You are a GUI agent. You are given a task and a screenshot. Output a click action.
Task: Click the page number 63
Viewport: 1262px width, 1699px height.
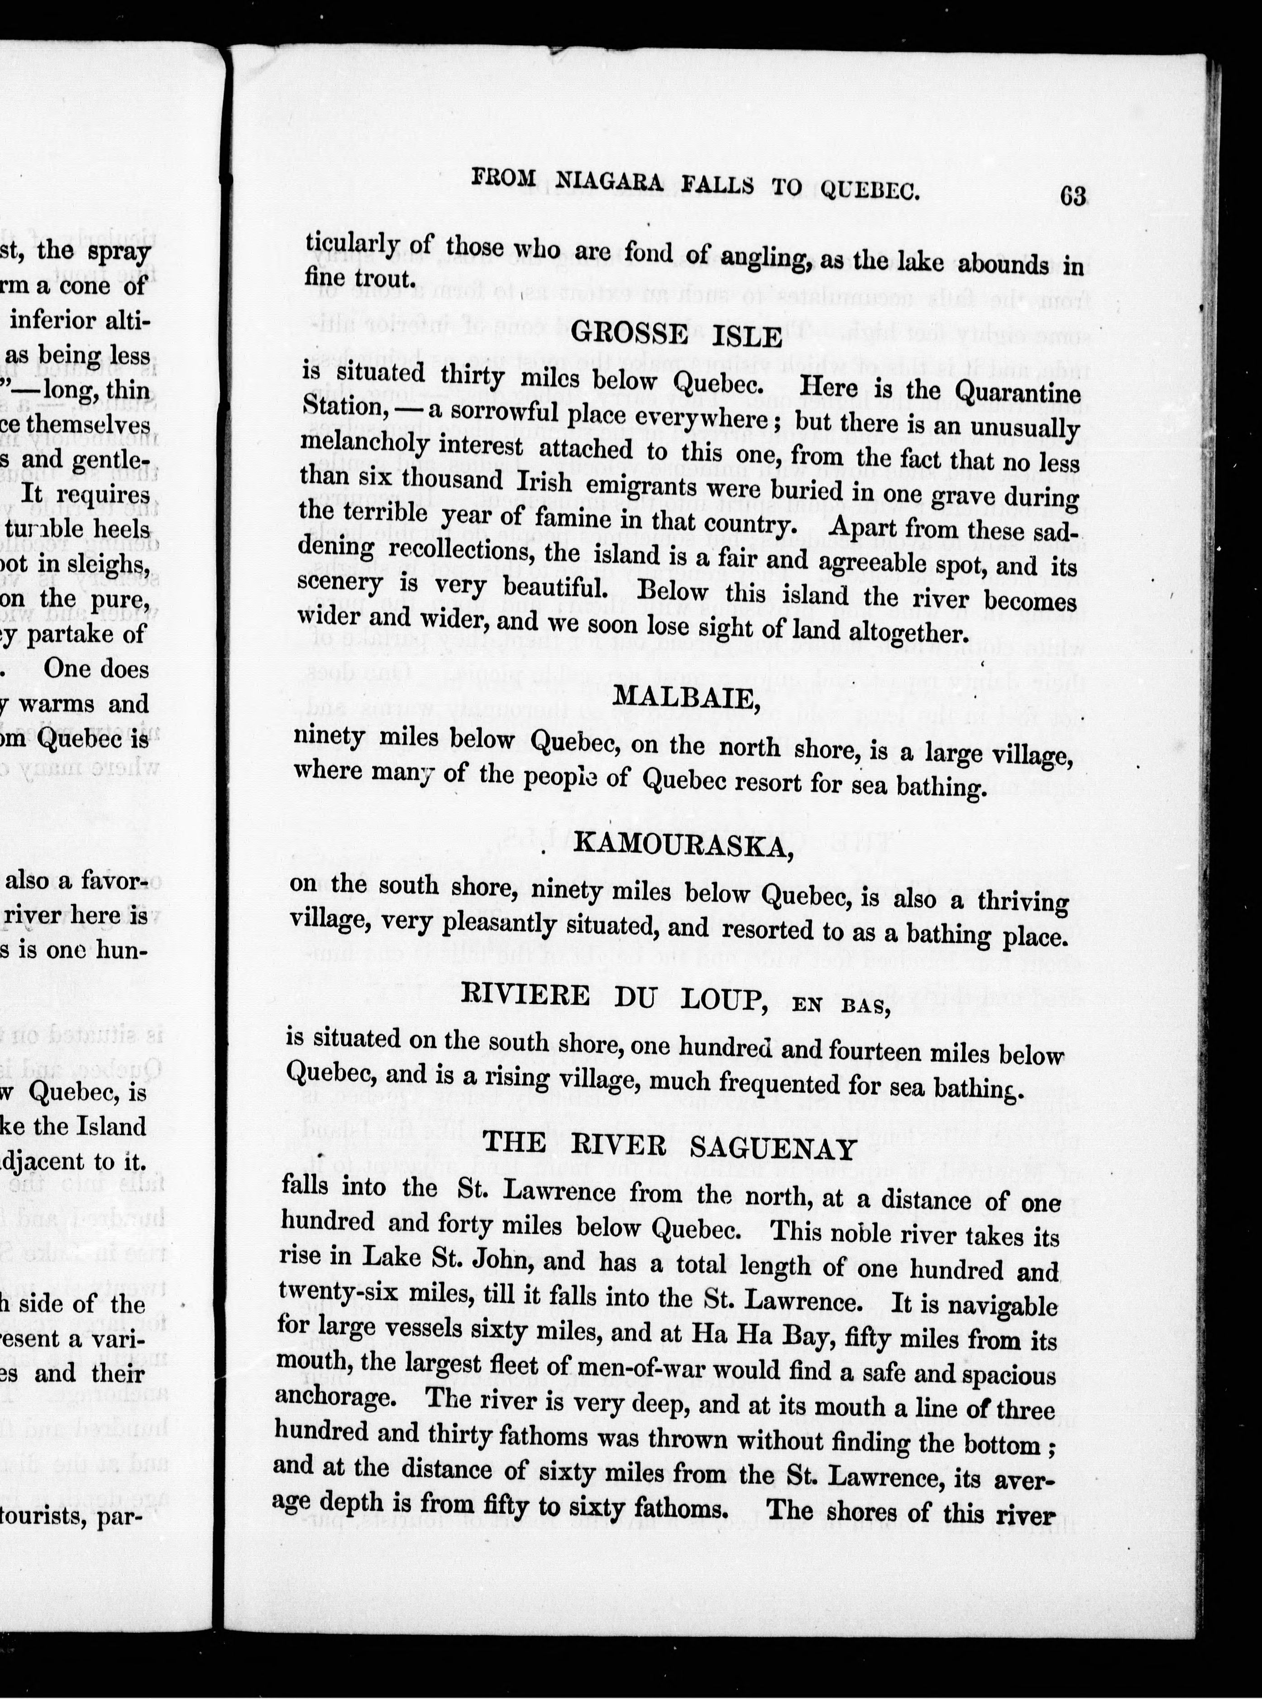[1072, 197]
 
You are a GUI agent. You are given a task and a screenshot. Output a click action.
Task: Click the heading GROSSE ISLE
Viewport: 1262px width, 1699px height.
[677, 335]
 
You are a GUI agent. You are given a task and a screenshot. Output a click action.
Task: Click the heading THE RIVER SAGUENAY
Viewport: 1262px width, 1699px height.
[669, 1147]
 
